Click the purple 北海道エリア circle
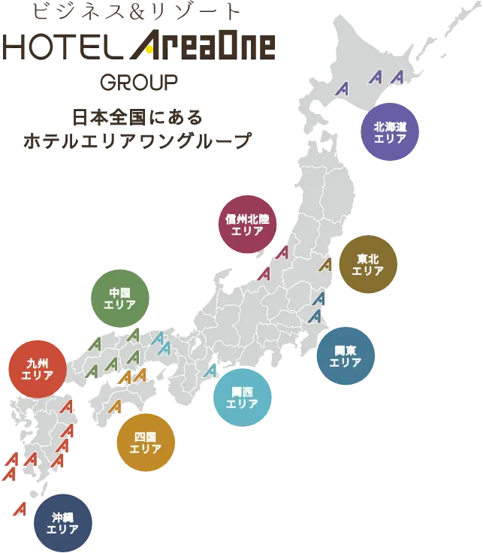pos(389,132)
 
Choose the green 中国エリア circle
pos(119,298)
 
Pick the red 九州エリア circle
pos(37,369)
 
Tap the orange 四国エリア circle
pos(145,443)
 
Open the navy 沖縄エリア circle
pos(63,522)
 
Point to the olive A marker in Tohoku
pos(325,264)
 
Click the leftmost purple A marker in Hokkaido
pos(343,88)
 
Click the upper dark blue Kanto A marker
pos(318,298)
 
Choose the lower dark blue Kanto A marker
pos(316,315)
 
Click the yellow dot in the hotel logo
pos(148,50)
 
